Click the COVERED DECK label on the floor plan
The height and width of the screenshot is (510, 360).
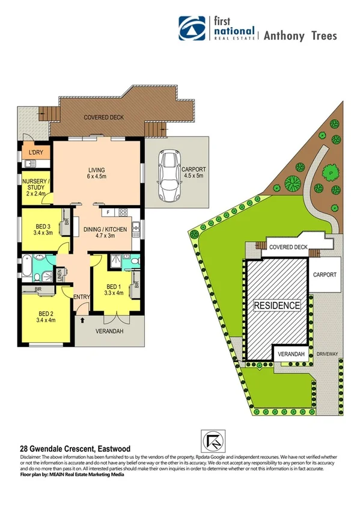tap(103, 117)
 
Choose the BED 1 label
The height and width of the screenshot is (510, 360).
tap(114, 290)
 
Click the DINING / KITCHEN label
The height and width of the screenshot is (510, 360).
tap(106, 232)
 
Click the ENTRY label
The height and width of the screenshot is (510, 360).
tap(81, 296)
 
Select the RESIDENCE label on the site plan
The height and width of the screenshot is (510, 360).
tap(276, 306)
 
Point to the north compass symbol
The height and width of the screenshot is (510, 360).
tap(206, 440)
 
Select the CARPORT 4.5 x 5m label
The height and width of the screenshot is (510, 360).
tap(193, 173)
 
